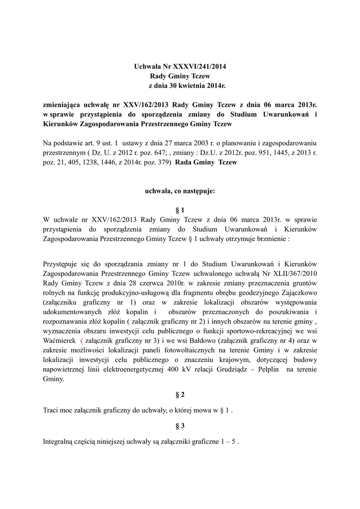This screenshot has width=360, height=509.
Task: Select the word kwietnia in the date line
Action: coord(189,86)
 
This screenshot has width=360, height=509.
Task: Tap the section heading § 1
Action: coord(180,209)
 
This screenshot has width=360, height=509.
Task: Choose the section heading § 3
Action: coord(180,426)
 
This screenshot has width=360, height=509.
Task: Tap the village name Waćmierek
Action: coord(60,341)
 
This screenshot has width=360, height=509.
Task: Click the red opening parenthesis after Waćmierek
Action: coord(81,341)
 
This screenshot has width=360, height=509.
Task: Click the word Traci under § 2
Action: coord(51,411)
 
